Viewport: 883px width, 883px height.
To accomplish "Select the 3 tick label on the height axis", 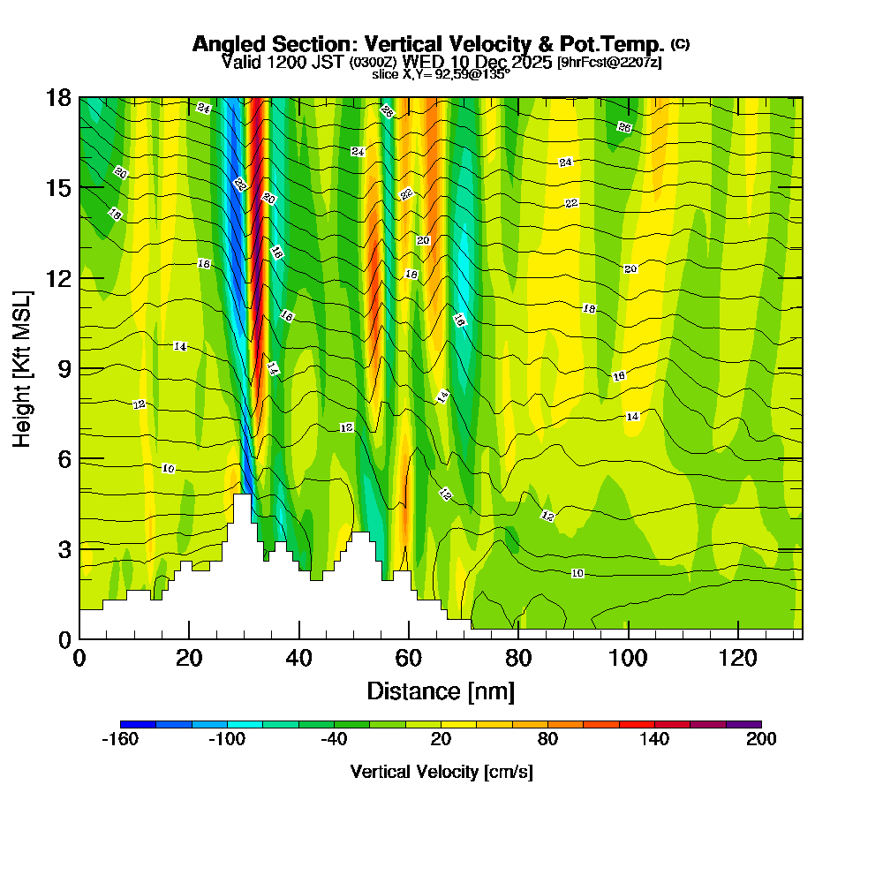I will tap(64, 548).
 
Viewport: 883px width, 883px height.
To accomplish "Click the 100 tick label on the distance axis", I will tap(628, 658).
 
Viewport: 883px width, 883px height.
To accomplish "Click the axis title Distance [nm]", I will tap(441, 691).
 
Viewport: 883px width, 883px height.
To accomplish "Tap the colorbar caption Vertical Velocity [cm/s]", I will tap(441, 772).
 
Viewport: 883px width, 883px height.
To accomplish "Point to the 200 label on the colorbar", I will tap(760, 740).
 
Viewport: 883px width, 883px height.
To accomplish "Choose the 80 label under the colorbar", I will tap(547, 740).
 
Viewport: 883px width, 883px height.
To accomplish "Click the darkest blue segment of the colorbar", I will tap(138, 724).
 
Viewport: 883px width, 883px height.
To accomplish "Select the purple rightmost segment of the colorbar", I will tap(743, 724).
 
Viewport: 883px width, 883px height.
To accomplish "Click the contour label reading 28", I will tap(387, 110).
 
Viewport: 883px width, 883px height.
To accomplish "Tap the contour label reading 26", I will tap(624, 127).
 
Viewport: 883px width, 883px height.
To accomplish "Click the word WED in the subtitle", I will tap(420, 63).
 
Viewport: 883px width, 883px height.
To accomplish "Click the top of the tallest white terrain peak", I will tap(241, 495).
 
